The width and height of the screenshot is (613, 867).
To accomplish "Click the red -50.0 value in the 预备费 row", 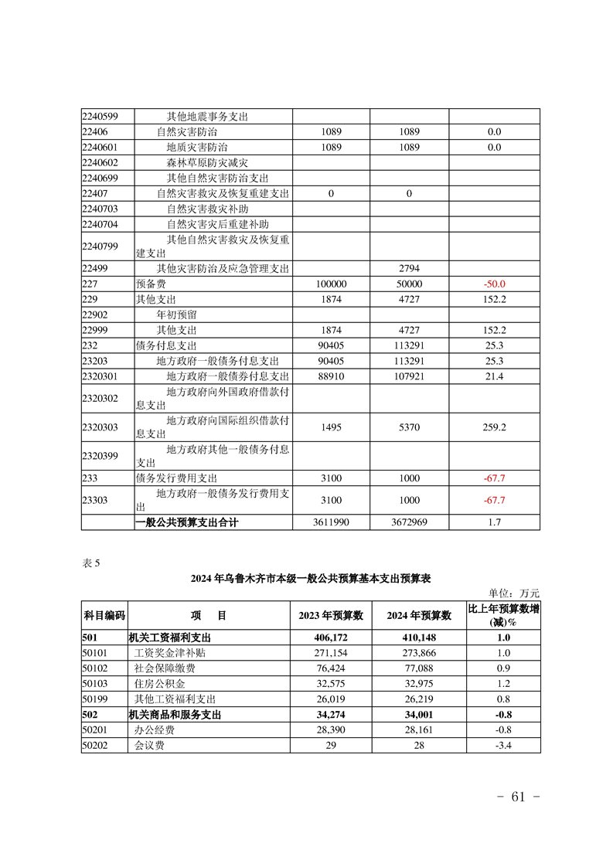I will click(x=495, y=284).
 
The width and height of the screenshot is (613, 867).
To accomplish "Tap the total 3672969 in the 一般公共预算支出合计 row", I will click(x=410, y=522).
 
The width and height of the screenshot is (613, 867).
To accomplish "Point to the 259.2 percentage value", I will click(x=495, y=427).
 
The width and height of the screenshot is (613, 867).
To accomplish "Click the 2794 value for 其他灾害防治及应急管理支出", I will click(x=410, y=269).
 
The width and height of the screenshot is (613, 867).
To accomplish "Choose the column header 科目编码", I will click(x=104, y=615).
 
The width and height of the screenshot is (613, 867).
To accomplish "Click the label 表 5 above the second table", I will click(x=91, y=563).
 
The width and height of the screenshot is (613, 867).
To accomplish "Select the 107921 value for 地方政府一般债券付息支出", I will click(x=410, y=376).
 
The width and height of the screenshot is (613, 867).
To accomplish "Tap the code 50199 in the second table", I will click(x=96, y=699).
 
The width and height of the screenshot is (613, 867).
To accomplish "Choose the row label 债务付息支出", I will click(x=166, y=345).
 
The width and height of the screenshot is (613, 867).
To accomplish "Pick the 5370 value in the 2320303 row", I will click(x=410, y=427).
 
